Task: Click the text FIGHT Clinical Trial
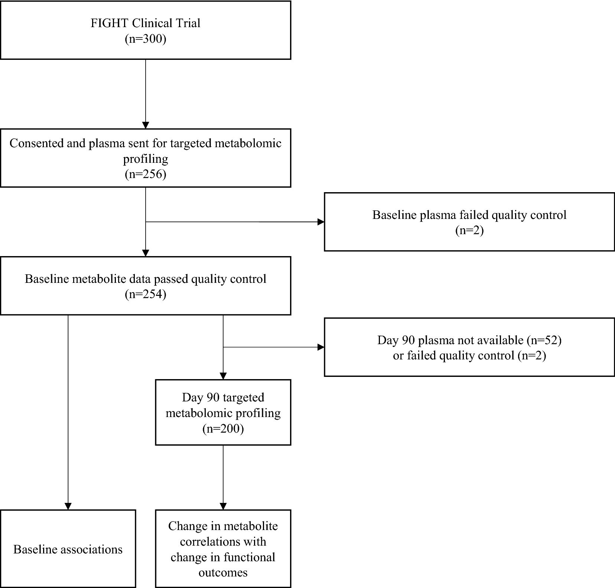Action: point(145,23)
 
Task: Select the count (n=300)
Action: point(145,39)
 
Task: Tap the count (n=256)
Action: point(145,174)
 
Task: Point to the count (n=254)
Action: point(145,294)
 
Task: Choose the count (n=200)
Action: point(223,429)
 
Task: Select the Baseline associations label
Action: point(68,549)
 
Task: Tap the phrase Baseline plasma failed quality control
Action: point(469,215)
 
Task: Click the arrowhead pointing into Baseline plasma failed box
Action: point(320,222)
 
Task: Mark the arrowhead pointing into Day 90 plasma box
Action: point(320,347)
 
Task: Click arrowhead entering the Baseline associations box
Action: point(68,506)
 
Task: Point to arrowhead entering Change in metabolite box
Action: point(223,506)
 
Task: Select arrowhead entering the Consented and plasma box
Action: point(145,125)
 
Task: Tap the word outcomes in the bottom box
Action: point(223,572)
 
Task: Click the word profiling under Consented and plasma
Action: point(145,159)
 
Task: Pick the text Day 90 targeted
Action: point(223,397)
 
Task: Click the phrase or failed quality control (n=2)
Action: point(469,356)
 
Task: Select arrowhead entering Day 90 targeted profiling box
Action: point(223,376)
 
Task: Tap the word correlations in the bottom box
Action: point(223,542)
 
